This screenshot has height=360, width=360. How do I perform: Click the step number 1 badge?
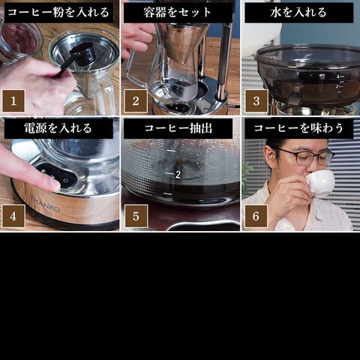[13, 100]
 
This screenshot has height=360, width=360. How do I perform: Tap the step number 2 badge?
[136, 100]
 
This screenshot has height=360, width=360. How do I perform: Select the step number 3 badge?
[256, 100]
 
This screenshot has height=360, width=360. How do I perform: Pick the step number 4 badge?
[13, 216]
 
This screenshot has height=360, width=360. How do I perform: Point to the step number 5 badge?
[136, 216]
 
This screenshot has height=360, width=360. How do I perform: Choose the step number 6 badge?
[256, 216]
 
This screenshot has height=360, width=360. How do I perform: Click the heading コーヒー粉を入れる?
[58, 13]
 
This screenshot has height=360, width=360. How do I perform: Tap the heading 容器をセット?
[178, 13]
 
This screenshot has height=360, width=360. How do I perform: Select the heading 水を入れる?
[298, 13]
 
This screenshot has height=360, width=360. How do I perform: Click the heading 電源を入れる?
[58, 128]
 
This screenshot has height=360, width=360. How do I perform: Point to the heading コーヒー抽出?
[178, 128]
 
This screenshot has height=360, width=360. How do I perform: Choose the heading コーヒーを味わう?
[298, 128]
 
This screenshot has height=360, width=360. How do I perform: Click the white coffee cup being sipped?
[320, 184]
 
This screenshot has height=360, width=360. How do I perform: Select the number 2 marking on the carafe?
[178, 175]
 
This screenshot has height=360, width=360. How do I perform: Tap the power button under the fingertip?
[65, 181]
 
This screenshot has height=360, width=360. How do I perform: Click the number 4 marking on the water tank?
[338, 76]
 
